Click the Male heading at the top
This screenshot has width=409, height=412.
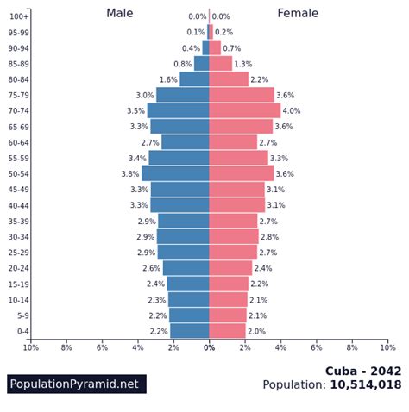[120, 13]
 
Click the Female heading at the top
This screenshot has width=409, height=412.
[298, 13]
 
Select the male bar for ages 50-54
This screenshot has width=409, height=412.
[175, 173]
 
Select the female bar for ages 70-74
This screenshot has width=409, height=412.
[245, 110]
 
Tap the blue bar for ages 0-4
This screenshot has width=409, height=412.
[190, 331]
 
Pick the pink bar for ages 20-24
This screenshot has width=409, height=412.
[230, 268]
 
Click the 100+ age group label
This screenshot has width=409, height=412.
[19, 17]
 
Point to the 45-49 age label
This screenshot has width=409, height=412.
[19, 190]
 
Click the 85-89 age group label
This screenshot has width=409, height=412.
[19, 64]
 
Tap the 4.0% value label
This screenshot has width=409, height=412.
[292, 111]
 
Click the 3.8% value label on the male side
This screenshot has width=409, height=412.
[130, 174]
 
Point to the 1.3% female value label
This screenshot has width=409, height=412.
[242, 64]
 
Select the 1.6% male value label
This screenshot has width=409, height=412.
[168, 80]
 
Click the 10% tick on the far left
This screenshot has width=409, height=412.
[31, 347]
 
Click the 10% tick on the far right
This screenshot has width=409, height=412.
[387, 347]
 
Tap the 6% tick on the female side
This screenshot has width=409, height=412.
[317, 347]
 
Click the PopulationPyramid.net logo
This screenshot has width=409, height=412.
[76, 384]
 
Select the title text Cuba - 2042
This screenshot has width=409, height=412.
[362, 371]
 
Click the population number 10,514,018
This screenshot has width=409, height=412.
[365, 385]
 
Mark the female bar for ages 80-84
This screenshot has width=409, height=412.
[229, 79]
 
